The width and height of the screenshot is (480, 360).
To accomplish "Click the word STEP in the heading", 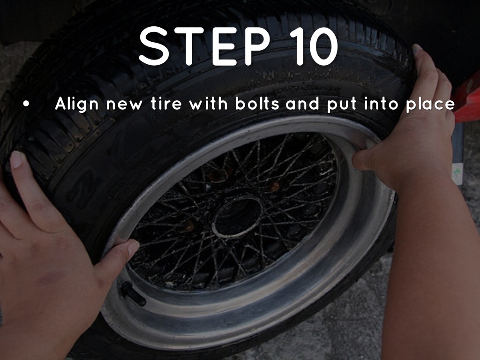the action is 204,45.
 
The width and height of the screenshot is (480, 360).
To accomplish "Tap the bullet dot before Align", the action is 26,104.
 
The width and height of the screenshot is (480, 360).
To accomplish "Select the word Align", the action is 77,104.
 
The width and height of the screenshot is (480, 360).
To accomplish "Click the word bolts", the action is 257,103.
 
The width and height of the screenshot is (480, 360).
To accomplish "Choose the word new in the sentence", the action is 124,105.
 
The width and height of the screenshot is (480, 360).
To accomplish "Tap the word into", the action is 382,103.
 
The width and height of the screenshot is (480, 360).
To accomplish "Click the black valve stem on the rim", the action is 133,294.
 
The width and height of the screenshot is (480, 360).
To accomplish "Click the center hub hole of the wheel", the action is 238,217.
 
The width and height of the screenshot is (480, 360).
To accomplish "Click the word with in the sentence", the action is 208,103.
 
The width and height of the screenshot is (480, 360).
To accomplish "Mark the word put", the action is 342,105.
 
